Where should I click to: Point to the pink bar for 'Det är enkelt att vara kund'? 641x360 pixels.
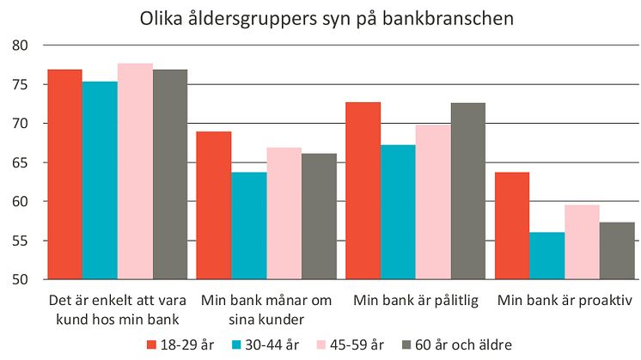pyautogui.click(x=135, y=171)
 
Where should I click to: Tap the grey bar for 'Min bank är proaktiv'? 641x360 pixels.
pyautogui.click(x=617, y=251)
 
